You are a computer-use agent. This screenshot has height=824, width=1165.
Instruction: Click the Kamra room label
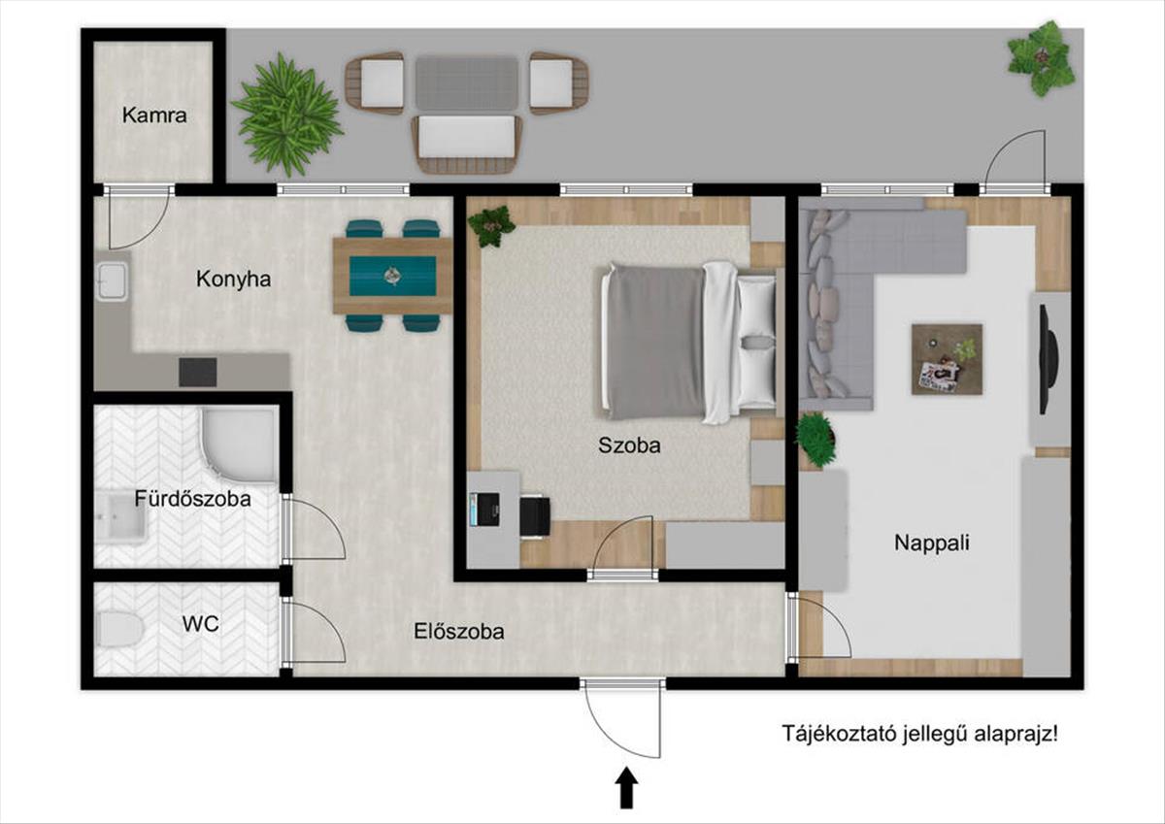pyautogui.click(x=154, y=115)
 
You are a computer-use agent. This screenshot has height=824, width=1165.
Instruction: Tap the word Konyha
pyautogui.click(x=234, y=280)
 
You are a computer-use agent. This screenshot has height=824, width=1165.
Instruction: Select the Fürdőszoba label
pyautogui.click(x=193, y=499)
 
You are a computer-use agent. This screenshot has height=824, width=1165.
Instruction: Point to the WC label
pyautogui.click(x=200, y=624)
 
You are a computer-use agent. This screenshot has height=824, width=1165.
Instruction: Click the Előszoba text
pyautogui.click(x=459, y=632)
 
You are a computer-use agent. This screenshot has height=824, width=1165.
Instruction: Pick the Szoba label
pyautogui.click(x=629, y=445)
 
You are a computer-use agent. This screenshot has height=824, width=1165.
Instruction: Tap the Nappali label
pyautogui.click(x=932, y=544)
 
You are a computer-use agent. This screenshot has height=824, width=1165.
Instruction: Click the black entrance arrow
pyautogui.click(x=627, y=788)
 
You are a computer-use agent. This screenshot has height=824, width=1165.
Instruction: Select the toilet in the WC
pyautogui.click(x=119, y=629)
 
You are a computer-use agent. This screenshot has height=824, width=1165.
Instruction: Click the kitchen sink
pyautogui.click(x=113, y=281)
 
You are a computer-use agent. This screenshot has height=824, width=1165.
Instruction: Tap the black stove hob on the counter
pyautogui.click(x=198, y=373)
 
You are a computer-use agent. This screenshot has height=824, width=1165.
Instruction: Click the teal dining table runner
pyautogui.click(x=392, y=276)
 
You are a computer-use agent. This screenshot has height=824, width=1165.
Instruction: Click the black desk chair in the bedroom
pyautogui.click(x=535, y=516)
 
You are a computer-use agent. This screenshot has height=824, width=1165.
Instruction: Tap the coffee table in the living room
pyautogui.click(x=948, y=359)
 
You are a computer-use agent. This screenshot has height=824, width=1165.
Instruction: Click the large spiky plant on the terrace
pyautogui.click(x=287, y=115)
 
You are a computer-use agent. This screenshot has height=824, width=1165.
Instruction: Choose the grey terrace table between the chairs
pyautogui.click(x=467, y=83)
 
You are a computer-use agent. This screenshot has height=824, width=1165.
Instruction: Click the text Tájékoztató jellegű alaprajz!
pyautogui.click(x=920, y=734)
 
